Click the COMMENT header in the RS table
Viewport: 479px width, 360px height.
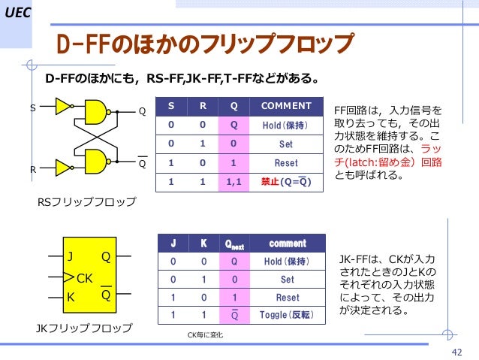(286, 105)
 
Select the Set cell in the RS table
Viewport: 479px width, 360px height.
(286, 144)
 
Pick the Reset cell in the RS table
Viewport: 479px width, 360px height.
(286, 162)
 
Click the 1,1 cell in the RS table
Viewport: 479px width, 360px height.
(234, 182)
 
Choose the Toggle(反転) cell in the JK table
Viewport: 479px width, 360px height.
(287, 313)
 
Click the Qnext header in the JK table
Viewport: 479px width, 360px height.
(235, 244)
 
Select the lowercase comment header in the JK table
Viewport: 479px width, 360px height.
(287, 244)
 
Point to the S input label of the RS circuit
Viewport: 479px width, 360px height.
(32, 108)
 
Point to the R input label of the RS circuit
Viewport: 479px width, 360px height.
(32, 170)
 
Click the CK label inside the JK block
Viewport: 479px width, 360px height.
(83, 278)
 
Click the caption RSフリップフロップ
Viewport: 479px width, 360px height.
(86, 202)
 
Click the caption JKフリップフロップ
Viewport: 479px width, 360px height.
(84, 328)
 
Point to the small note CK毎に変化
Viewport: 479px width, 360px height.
(205, 334)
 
